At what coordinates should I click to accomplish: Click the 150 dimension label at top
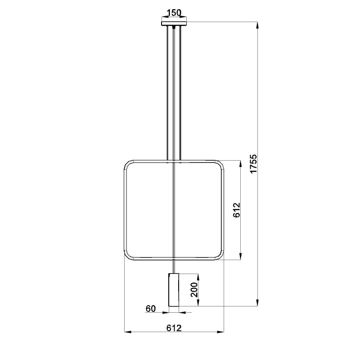(174, 12)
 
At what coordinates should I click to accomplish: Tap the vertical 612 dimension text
(238, 211)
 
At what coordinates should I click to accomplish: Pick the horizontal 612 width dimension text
(174, 328)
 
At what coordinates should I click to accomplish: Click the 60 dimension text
(150, 309)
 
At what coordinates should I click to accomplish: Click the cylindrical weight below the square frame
(174, 290)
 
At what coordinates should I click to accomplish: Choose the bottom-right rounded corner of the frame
(220, 257)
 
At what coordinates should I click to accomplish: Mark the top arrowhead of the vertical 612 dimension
(243, 163)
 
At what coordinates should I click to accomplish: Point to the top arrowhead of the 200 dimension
(198, 276)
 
